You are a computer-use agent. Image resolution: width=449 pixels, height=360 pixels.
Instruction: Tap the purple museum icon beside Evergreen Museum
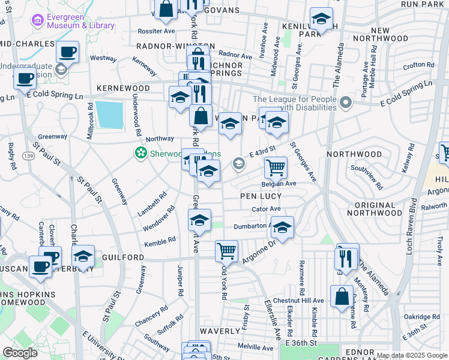click(x=39, y=21)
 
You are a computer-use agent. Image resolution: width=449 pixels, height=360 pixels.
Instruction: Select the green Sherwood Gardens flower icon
click(x=140, y=154)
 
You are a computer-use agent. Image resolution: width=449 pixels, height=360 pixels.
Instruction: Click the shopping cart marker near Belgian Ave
click(x=276, y=168)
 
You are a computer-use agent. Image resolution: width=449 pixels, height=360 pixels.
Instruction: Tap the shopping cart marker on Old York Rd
click(x=226, y=250)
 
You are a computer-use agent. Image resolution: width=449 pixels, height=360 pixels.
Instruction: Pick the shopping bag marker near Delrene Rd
click(x=342, y=296)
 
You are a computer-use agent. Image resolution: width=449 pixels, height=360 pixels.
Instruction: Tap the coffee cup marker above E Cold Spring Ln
click(x=68, y=52)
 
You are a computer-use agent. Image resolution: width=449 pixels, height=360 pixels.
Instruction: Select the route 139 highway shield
click(x=29, y=156)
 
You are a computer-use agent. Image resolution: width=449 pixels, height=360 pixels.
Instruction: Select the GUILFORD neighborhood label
click(x=126, y=257)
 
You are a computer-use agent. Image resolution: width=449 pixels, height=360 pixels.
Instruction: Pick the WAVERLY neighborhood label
click(x=220, y=331)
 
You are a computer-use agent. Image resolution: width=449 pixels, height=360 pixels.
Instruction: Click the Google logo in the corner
click(x=20, y=353)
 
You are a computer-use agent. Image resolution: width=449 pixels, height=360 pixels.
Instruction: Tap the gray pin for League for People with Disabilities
click(x=345, y=104)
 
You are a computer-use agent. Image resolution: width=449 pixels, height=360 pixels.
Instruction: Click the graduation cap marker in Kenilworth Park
click(x=321, y=19)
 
